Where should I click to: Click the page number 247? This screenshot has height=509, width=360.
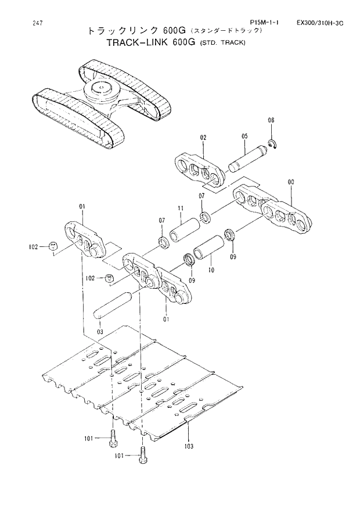(22, 23)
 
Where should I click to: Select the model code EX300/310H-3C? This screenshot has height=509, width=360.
(320, 23)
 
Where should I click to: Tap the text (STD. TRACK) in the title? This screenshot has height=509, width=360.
(223, 44)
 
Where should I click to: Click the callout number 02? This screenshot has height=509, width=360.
(203, 138)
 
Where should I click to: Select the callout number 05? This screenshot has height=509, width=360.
(245, 137)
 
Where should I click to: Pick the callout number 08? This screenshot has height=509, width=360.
(271, 120)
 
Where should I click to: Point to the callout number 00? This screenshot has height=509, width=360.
(290, 182)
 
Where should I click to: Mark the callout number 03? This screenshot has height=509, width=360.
(100, 331)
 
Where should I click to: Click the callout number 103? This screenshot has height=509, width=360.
(189, 446)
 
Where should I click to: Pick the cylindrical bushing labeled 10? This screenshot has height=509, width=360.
(208, 249)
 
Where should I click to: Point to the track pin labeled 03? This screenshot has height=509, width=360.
(116, 306)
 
